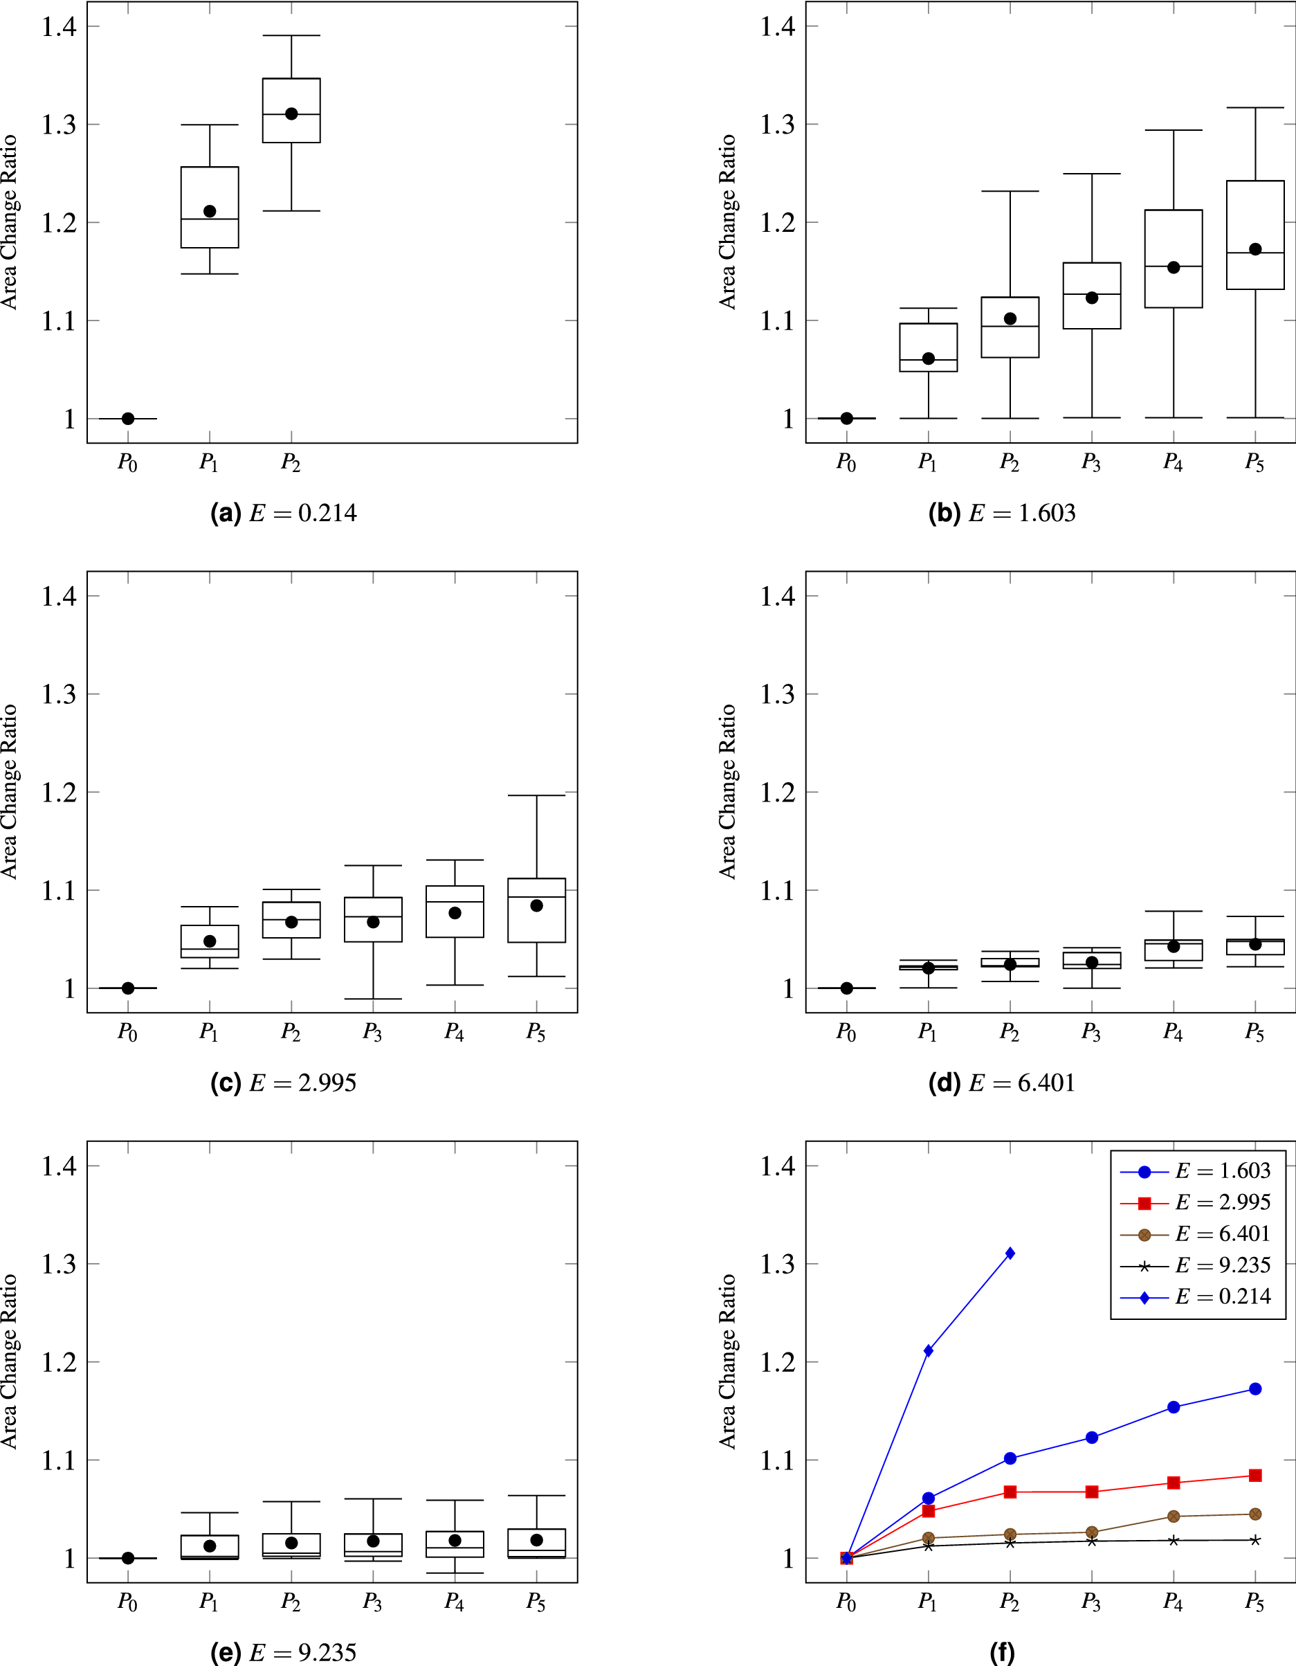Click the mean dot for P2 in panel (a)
point(291,114)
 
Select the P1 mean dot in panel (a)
point(210,211)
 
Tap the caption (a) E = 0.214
point(283,513)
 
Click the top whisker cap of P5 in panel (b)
point(1254,107)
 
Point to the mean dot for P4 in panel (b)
point(1174,267)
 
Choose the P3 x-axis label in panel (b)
point(1090,462)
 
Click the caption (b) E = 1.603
point(1001,513)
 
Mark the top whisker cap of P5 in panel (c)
point(536,795)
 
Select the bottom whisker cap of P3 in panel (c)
point(373,999)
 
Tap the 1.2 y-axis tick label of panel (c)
point(60,793)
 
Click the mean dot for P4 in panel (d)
point(1174,947)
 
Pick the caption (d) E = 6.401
point(1001,1083)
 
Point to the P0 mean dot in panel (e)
point(128,1558)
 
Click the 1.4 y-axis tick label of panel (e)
point(60,1166)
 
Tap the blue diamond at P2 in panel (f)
point(1010,1253)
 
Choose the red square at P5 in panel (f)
point(1254,1475)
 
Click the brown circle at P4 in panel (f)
point(1174,1516)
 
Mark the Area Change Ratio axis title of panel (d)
point(728,792)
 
